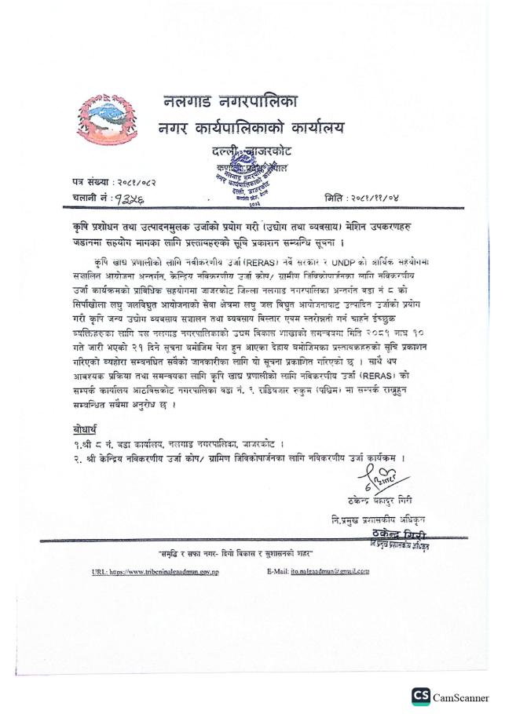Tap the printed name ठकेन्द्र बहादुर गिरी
coord(379,500)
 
